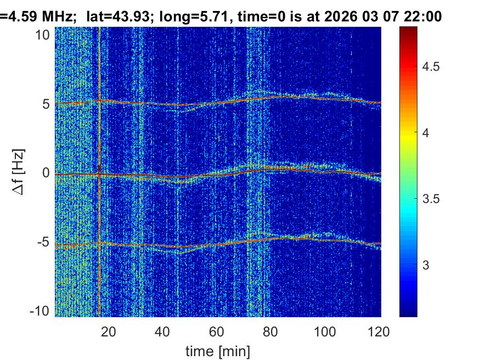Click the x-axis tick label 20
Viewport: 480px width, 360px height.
109,331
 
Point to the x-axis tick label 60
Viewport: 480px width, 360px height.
217,331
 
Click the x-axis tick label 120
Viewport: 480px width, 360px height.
379,331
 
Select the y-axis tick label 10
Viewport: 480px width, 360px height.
43,35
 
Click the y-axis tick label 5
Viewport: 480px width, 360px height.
46,104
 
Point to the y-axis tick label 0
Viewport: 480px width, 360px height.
46,173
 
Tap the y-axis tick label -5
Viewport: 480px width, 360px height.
43,242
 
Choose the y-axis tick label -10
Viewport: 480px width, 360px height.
40,311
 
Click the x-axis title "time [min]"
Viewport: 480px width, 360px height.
217,350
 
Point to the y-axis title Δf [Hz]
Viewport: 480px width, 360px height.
18,173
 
